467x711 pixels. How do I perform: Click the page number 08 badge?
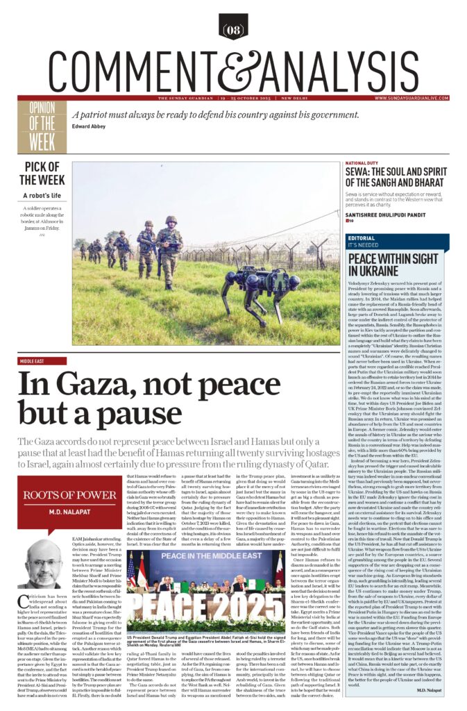(233, 28)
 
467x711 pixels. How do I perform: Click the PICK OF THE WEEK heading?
(46, 172)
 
